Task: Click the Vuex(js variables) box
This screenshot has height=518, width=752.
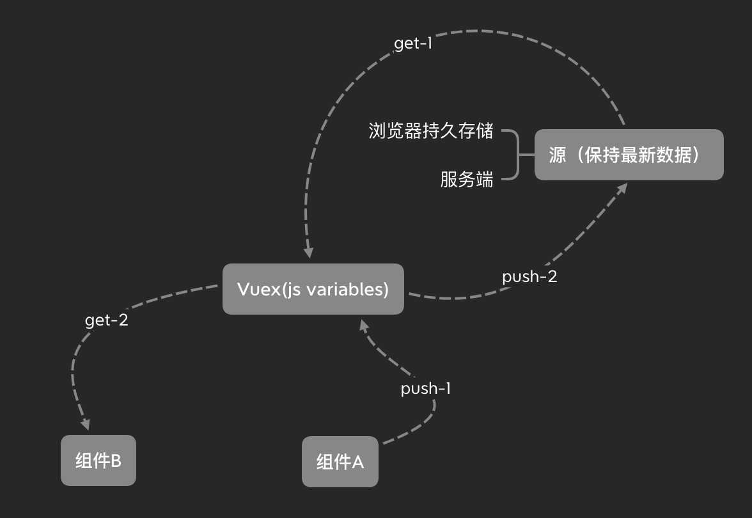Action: (x=313, y=289)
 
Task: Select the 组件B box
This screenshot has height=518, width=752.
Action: (x=98, y=460)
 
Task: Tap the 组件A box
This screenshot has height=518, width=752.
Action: (x=340, y=462)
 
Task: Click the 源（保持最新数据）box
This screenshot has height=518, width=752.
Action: (x=629, y=155)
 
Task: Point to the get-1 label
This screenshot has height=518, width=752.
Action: (x=413, y=44)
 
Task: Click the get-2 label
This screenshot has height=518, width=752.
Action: (x=107, y=320)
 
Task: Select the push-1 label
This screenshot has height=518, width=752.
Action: (x=426, y=388)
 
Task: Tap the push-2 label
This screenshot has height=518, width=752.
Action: (x=529, y=277)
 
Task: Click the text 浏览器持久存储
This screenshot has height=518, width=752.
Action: (x=431, y=131)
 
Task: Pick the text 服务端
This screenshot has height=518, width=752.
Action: (x=467, y=179)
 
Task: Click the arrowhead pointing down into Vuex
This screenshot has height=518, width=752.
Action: (x=309, y=253)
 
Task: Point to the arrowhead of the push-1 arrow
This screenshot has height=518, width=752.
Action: (x=363, y=326)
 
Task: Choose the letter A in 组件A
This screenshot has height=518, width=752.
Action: (x=357, y=462)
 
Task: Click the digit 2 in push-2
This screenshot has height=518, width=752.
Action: (x=552, y=277)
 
